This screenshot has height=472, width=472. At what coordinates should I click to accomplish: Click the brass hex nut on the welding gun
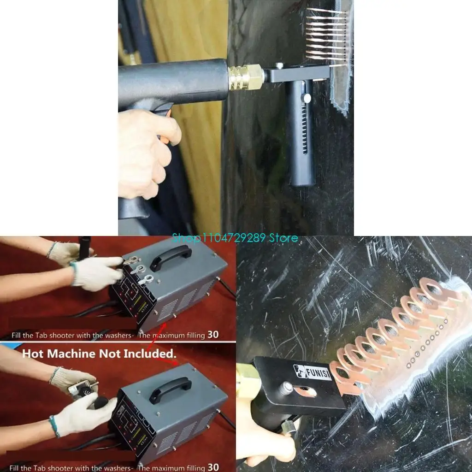pos(246,77)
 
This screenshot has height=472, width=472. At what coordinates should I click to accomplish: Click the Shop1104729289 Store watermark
pos(235,238)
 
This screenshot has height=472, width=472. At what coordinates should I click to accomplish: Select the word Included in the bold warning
pos(150,354)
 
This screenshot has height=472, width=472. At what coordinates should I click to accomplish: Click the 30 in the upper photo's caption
pos(213,335)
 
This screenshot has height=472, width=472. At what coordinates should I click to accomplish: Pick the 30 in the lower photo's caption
pos(213,467)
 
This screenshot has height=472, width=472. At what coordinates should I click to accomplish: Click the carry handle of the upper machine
pos(171,257)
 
